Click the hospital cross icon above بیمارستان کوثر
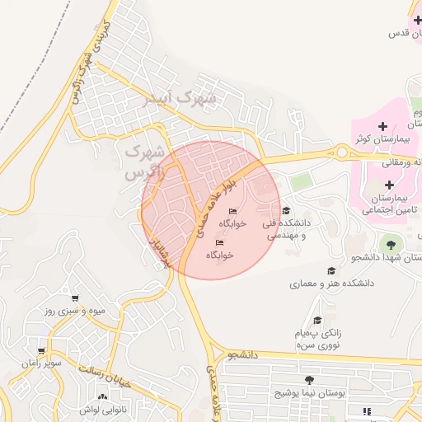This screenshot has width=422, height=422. pos(382,125)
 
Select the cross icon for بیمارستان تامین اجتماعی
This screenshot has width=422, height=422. pos(387,184)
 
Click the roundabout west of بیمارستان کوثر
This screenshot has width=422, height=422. pos(342,152)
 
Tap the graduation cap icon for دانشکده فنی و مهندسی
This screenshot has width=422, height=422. pos(286,210)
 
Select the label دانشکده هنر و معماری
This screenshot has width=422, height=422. pos(331,283)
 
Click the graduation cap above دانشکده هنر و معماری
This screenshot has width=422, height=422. pos(331,270)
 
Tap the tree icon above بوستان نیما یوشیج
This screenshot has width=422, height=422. pos(309,380)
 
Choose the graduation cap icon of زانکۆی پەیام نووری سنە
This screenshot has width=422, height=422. pos(317,321)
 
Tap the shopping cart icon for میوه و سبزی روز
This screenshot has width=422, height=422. pos(75,298)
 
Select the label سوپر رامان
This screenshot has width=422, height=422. pos(41,363)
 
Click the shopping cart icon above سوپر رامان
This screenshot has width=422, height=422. pos(40,350)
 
